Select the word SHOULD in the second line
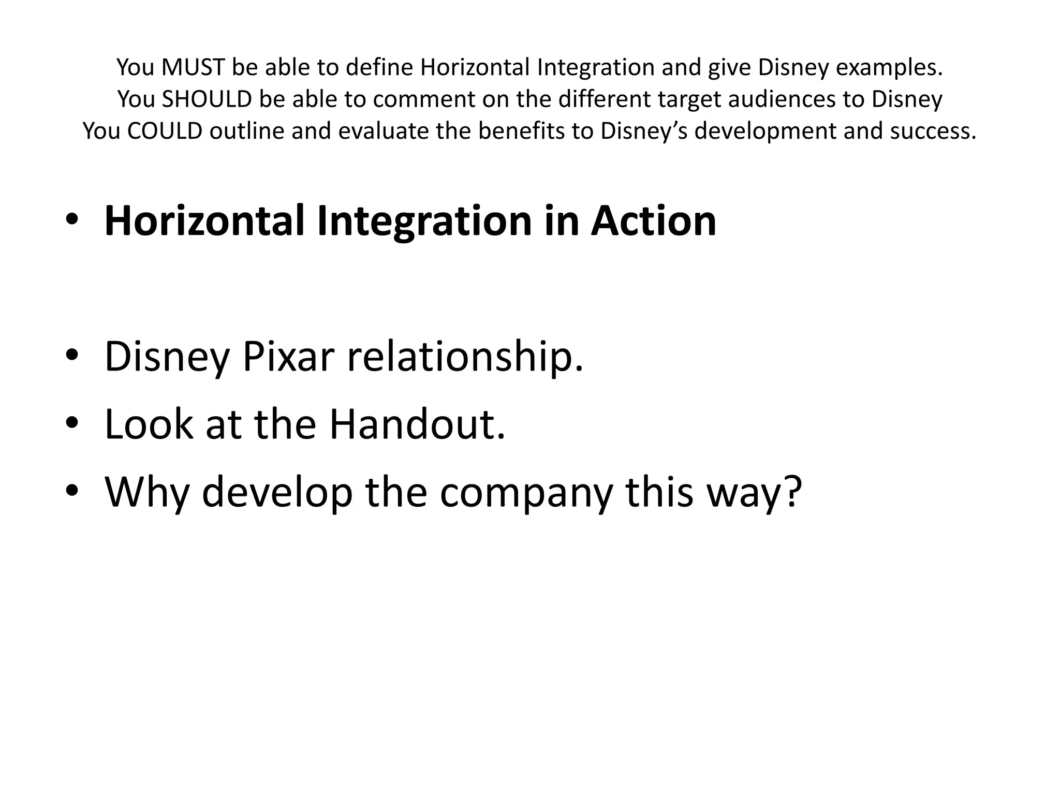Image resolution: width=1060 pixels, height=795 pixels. point(207,99)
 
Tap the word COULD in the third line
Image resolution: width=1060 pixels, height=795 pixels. point(165,131)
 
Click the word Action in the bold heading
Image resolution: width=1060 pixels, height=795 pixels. point(653,221)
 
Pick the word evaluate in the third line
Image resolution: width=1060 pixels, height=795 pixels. point(384,131)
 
